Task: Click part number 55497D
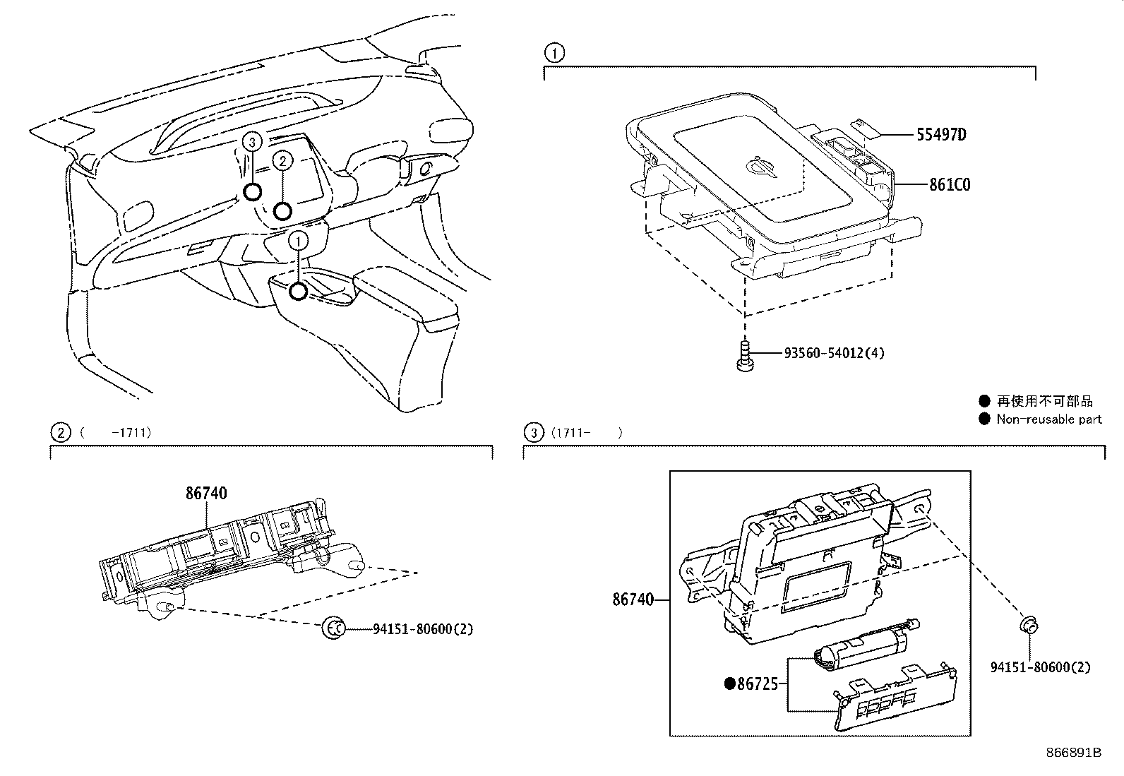[x=941, y=134]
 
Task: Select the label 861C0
[x=949, y=185]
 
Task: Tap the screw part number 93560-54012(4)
[x=833, y=352]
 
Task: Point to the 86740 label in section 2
[x=206, y=494]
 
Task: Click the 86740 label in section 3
[x=633, y=599]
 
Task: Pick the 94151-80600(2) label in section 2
[x=422, y=628]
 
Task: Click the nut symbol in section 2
[x=334, y=627]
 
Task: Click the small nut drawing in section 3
[x=1030, y=624]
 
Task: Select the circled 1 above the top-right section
[x=555, y=52]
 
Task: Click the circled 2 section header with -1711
[x=61, y=432]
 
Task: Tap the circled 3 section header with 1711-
[x=534, y=432]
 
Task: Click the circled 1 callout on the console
[x=299, y=241]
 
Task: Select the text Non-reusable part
[x=1048, y=419]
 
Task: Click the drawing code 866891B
[x=1073, y=752]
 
